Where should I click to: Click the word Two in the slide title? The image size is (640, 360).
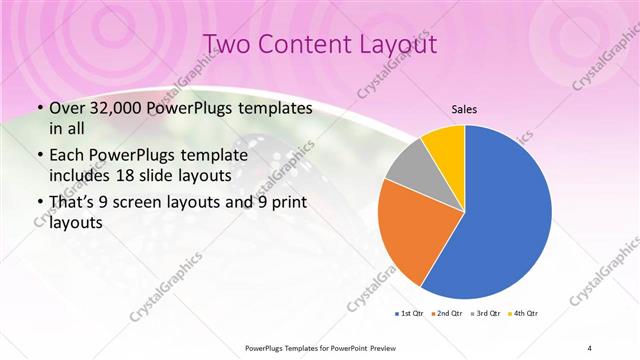coord(227,44)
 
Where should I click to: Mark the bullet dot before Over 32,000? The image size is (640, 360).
coord(39,108)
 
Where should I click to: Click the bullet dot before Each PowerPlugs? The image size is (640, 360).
coord(39,156)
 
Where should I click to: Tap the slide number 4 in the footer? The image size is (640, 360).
coord(590,348)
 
